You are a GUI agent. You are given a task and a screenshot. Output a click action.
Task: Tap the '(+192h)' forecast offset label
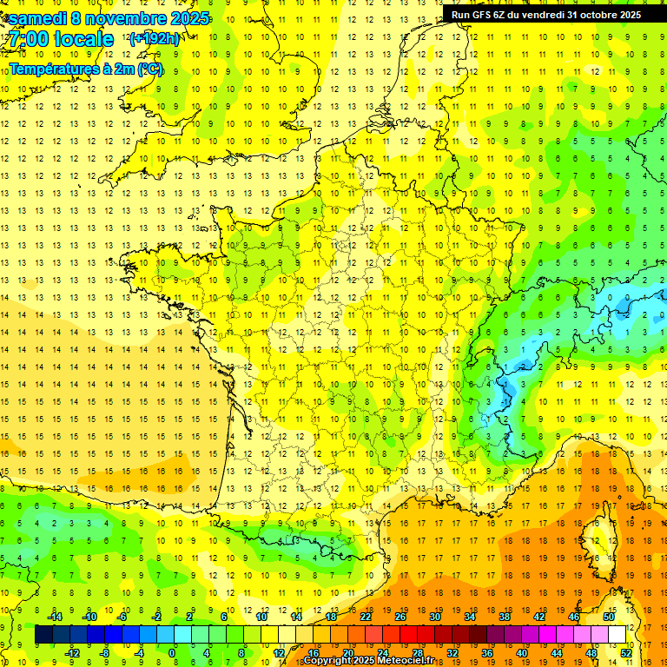point(155,39)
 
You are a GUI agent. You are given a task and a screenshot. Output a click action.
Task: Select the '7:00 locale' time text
point(61,39)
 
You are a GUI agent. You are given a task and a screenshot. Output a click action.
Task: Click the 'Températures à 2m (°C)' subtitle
point(85,69)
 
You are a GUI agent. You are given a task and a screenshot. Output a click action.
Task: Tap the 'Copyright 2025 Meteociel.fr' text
point(368,661)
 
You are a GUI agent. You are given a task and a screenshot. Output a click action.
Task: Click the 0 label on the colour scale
point(172,653)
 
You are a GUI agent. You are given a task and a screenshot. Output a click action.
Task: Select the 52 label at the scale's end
point(625,653)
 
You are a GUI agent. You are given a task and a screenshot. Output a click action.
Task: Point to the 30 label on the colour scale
point(434,617)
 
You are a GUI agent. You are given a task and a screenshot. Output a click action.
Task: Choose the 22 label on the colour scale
point(366,617)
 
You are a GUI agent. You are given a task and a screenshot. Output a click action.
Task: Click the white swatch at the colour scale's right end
point(617,635)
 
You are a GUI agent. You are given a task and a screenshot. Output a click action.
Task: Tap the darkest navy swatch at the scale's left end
point(43,635)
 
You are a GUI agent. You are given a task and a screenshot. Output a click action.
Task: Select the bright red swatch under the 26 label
point(408,635)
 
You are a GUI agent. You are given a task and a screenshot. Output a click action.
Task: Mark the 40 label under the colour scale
point(521,653)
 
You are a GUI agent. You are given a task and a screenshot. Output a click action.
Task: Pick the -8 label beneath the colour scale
point(104,653)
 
